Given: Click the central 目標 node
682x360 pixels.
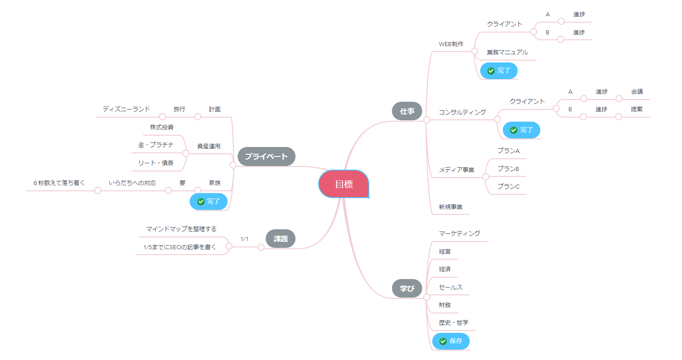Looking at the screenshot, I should click(x=344, y=184).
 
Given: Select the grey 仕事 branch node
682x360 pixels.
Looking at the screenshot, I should click(x=407, y=111).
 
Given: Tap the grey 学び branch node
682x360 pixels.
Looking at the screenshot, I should click(x=407, y=288).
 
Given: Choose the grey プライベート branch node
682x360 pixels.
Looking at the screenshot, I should click(x=266, y=156).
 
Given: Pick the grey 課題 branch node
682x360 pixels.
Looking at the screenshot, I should click(x=281, y=239).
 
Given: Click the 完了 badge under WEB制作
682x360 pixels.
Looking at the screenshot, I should click(x=499, y=71).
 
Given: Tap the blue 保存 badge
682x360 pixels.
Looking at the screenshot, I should click(x=451, y=341).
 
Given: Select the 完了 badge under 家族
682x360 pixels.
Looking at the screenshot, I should click(x=208, y=201).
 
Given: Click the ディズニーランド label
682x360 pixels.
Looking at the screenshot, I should click(x=126, y=109).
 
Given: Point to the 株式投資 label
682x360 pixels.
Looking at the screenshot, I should click(x=162, y=127).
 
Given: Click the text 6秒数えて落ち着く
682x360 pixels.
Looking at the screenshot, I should click(x=59, y=183).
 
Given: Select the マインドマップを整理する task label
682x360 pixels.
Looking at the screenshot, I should click(x=181, y=229).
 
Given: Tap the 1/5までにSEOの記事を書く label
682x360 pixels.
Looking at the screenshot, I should click(x=180, y=247).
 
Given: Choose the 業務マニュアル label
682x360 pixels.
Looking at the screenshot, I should click(x=507, y=52).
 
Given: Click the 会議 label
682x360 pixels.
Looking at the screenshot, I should click(x=637, y=91).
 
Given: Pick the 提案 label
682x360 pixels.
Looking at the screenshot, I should click(x=637, y=109).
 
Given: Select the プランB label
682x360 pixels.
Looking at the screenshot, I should click(x=508, y=169).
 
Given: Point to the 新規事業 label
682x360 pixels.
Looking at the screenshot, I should click(x=450, y=207).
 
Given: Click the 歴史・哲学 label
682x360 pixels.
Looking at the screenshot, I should click(x=453, y=322).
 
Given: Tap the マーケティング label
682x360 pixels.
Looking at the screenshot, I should click(x=459, y=233).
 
